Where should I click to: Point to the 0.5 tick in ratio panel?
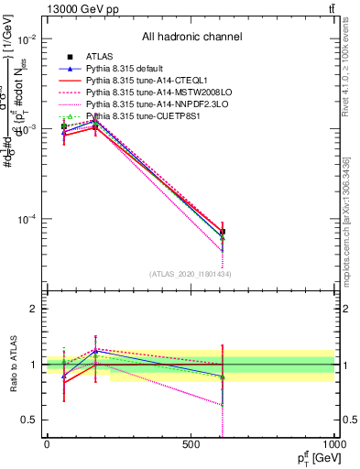[x=28, y=420]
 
